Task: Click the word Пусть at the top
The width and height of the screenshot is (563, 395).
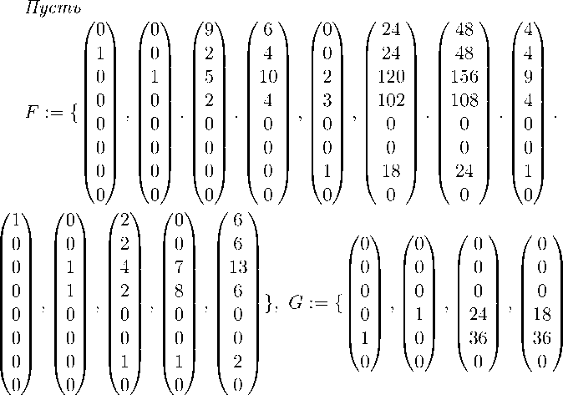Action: [53, 9]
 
